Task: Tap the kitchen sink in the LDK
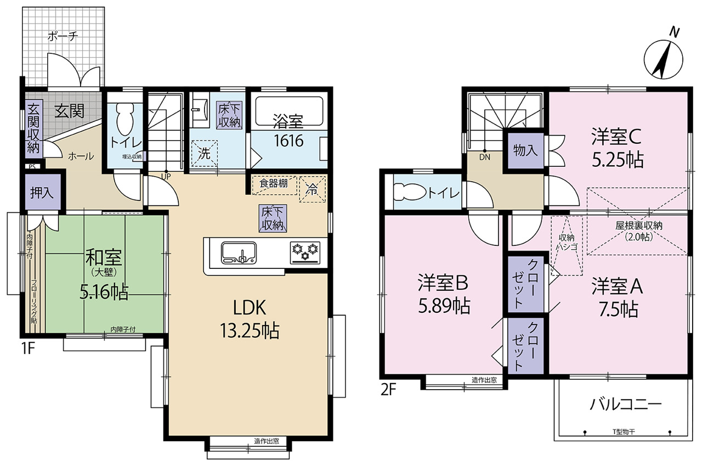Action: [239, 252]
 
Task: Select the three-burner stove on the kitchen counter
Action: [305, 252]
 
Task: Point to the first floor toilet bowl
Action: [125, 120]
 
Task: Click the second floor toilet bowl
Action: [409, 192]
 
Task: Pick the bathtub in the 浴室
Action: [289, 111]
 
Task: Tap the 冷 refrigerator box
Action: [313, 189]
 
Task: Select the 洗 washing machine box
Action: [205, 153]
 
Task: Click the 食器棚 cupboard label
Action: [274, 183]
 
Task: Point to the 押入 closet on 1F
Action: [42, 192]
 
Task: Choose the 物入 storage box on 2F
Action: [525, 150]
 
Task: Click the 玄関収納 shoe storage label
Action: [33, 128]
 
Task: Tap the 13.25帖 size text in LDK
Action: [250, 330]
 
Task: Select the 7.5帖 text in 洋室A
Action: [618, 309]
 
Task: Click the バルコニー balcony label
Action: [626, 404]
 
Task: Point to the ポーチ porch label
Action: [63, 36]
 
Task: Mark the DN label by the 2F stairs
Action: [484, 157]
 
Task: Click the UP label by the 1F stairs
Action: [166, 177]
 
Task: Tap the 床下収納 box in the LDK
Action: [273, 218]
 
